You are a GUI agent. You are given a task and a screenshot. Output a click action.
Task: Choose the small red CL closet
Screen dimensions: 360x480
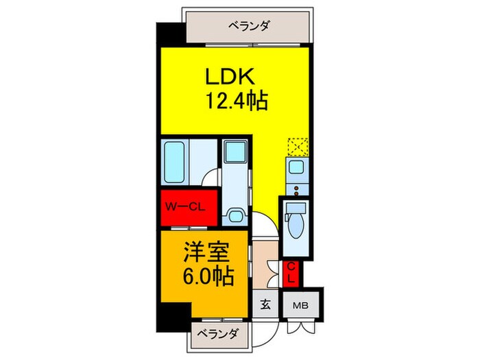click(x=291, y=272)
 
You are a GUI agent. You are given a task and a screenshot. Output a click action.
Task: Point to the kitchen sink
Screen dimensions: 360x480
click(x=297, y=167)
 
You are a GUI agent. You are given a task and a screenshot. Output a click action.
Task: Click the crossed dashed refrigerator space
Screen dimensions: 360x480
click(x=298, y=146)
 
